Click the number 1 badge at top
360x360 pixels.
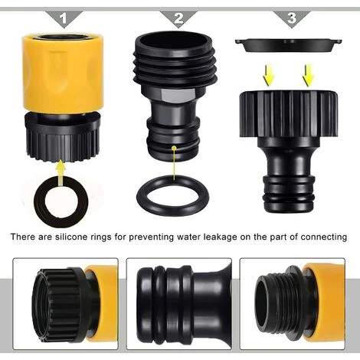(64, 18)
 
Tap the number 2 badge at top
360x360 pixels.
(178, 18)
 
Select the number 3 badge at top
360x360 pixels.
(292, 18)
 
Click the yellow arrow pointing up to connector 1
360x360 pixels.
(61, 172)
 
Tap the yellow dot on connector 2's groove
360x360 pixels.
(174, 148)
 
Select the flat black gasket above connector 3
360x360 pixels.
(288, 46)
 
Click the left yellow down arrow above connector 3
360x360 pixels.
(269, 75)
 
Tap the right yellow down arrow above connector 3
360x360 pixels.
(308, 75)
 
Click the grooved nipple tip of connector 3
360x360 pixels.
(288, 194)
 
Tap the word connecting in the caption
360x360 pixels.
(324, 237)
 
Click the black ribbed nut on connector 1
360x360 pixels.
(63, 138)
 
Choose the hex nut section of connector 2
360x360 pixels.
(174, 94)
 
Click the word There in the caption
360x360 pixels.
(23, 237)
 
